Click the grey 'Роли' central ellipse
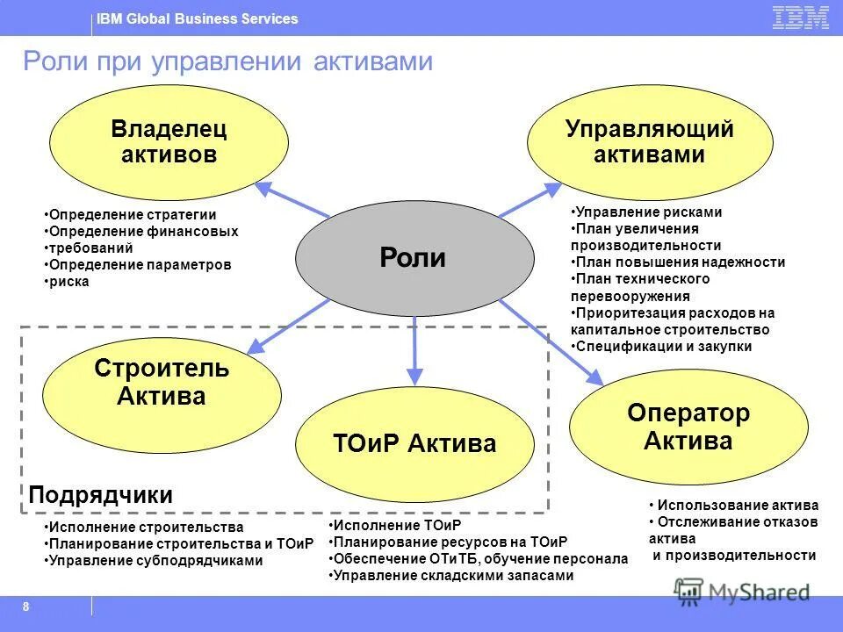click(414, 258)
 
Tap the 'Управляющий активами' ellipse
click(649, 143)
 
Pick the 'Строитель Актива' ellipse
click(162, 383)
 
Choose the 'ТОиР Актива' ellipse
click(414, 443)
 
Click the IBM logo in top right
click(800, 18)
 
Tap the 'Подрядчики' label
click(101, 495)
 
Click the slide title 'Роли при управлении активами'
click(227, 61)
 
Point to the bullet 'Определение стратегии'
click(132, 215)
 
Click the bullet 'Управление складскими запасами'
click(453, 576)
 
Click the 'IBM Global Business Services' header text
click(197, 18)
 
